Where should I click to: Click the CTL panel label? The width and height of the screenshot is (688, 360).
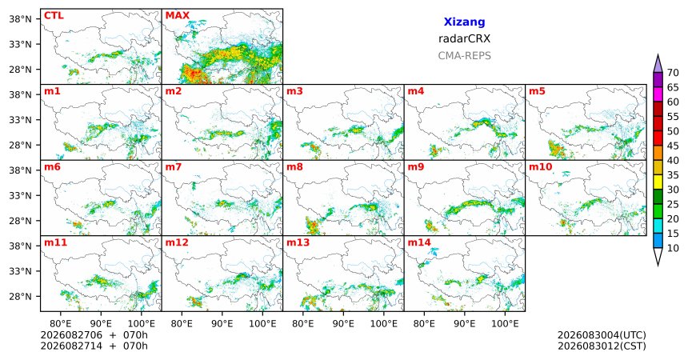click(54, 16)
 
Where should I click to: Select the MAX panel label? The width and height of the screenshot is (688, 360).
click(178, 16)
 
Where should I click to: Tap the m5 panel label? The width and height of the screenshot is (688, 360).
click(537, 91)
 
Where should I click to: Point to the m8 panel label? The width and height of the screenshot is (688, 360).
click(295, 167)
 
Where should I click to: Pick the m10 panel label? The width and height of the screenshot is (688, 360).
click(541, 167)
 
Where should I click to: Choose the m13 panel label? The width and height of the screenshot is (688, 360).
click(298, 242)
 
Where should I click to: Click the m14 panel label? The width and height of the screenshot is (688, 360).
click(419, 242)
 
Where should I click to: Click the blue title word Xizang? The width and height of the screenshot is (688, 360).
click(464, 22)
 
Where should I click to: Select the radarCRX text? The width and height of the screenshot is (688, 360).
click(464, 38)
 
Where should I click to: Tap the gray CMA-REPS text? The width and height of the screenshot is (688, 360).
click(464, 56)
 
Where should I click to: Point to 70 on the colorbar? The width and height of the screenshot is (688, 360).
click(673, 73)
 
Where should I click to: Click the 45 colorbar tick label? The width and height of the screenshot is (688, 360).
click(673, 146)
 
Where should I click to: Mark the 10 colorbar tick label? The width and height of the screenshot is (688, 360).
click(673, 248)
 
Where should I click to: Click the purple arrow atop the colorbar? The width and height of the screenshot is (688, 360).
click(658, 63)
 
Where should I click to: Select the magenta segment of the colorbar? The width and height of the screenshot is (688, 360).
click(658, 94)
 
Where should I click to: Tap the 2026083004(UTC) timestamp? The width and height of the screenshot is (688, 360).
click(602, 335)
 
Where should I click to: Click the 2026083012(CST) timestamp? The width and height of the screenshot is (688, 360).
click(602, 346)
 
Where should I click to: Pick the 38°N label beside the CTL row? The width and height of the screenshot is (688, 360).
click(21, 19)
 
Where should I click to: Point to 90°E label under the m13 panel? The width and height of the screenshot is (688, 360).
click(343, 324)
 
